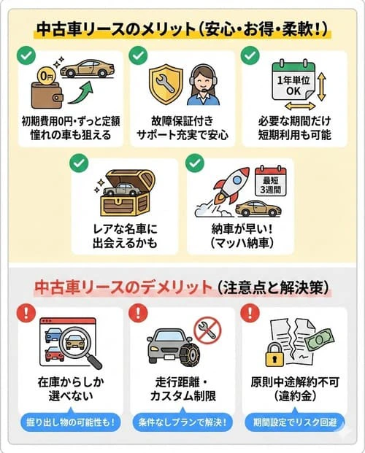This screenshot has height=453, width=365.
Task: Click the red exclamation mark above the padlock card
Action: pyautogui.click(x=252, y=313)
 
